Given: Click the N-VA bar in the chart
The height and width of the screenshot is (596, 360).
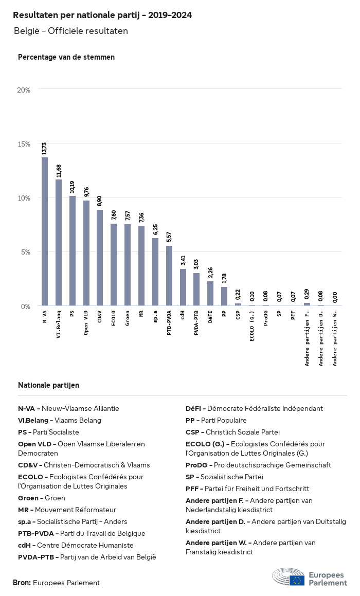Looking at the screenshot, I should coord(45,231).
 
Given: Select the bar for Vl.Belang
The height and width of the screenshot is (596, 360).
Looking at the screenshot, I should coord(59,243).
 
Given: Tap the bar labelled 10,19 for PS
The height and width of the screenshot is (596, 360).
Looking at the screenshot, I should coord(73,251).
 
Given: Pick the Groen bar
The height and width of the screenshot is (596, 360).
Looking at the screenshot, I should coord(128,265).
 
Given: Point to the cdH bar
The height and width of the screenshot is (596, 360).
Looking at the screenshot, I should coord(183,287).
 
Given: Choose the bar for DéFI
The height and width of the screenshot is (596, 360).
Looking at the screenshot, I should coord(210,294).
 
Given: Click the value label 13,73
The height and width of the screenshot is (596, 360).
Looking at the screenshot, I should coord(45,148).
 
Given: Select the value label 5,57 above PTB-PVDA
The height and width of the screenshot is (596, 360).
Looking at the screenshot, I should coord(169,237).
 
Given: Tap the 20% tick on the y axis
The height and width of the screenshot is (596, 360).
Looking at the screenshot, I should coord(24,90).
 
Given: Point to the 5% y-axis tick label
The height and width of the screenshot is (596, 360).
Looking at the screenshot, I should coord(26,252).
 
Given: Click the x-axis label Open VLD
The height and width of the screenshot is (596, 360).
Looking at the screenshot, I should coord(86,322).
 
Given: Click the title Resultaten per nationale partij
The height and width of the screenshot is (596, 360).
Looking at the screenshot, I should coord(102,15).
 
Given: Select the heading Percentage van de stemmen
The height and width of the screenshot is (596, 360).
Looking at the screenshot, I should coord(66,57).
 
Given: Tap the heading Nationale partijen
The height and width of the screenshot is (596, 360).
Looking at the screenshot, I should coord(48,385).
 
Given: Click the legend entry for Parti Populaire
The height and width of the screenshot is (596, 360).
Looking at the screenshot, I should coord(216,420).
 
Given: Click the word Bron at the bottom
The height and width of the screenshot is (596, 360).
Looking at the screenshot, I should coord(22,583).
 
